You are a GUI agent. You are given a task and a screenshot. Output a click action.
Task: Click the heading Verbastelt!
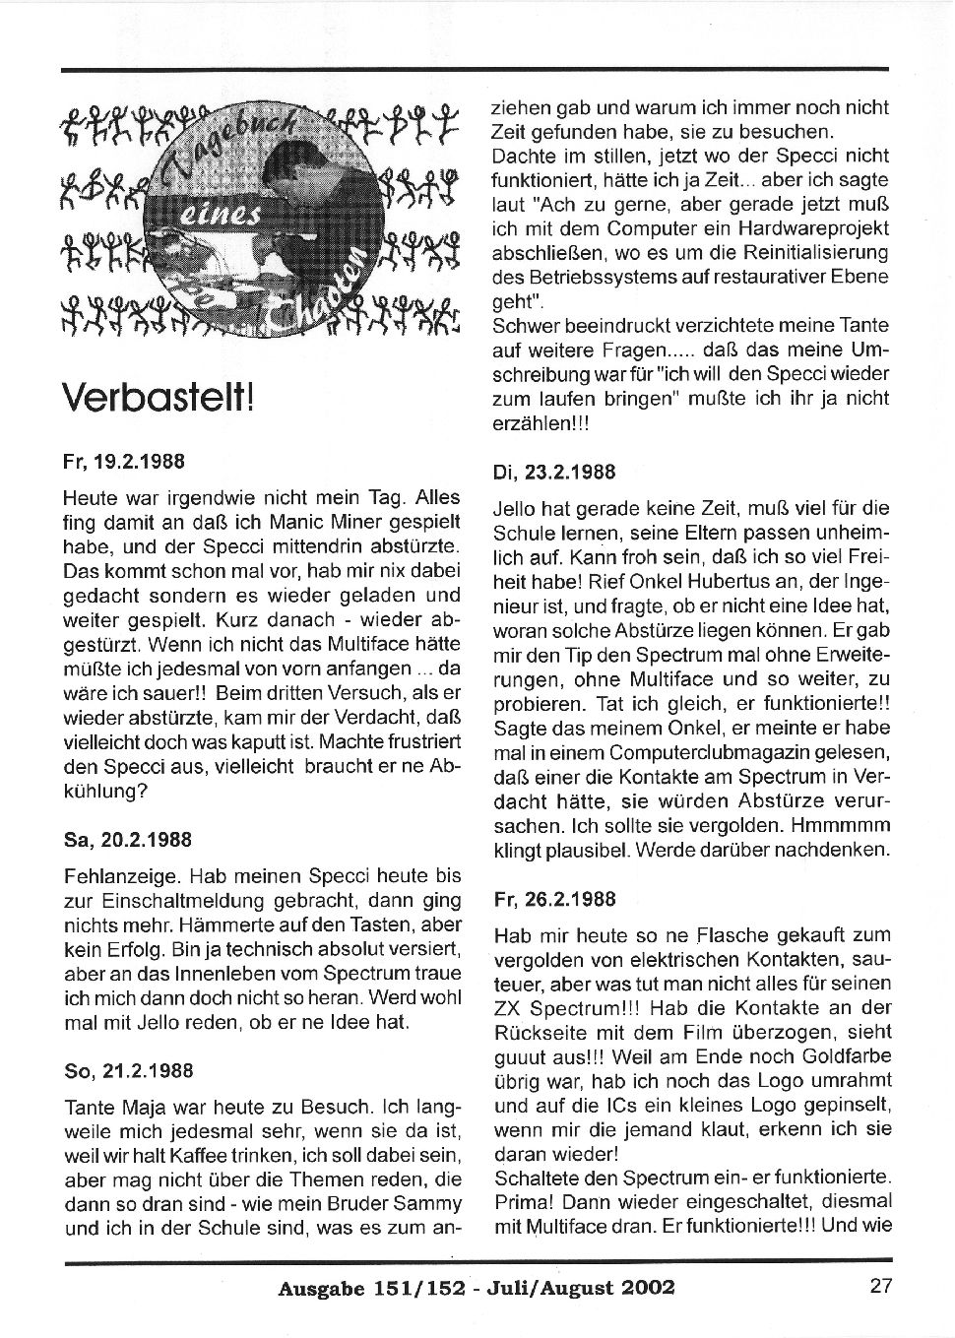pos(159,399)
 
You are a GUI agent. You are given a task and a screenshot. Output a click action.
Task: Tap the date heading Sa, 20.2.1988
pos(127,840)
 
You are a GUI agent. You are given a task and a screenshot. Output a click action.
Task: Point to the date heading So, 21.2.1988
pos(128,1070)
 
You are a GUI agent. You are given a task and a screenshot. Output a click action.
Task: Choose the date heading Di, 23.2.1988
pos(553,472)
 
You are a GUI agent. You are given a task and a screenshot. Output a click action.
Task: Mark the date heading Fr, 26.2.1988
pos(554,899)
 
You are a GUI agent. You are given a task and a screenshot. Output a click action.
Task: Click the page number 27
pos(880,1285)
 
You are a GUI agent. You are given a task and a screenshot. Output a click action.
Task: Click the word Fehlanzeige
pos(118,875)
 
